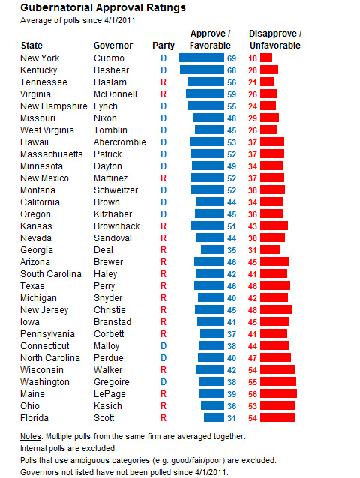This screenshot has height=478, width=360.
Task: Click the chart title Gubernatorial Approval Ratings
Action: click(103, 7)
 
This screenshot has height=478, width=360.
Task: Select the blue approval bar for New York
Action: click(202, 58)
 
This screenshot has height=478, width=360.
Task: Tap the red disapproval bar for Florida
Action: click(278, 417)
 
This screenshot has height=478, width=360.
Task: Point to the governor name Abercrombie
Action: click(119, 142)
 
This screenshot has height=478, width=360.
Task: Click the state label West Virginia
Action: click(47, 130)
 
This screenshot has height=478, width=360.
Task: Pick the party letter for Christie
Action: click(163, 310)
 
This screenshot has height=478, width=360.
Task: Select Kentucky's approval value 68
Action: click(232, 70)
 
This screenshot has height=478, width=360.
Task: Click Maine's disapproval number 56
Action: click(253, 394)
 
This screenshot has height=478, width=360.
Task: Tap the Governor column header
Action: click(113, 46)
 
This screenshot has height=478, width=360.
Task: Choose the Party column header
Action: click(163, 46)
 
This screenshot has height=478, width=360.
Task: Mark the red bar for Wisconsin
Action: click(278, 369)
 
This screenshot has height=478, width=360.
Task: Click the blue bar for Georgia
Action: click(212, 249)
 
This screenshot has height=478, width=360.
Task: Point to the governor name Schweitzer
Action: click(116, 190)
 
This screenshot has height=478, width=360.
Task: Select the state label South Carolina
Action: click(51, 274)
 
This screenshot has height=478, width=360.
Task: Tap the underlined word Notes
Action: click(31, 436)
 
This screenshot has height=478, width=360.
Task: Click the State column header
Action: click(31, 46)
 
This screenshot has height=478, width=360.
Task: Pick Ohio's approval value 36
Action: click(232, 406)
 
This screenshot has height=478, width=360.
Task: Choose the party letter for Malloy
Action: click(163, 346)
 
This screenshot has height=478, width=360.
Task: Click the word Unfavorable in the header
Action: click(275, 46)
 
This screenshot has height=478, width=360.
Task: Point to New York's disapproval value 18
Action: click(253, 58)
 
